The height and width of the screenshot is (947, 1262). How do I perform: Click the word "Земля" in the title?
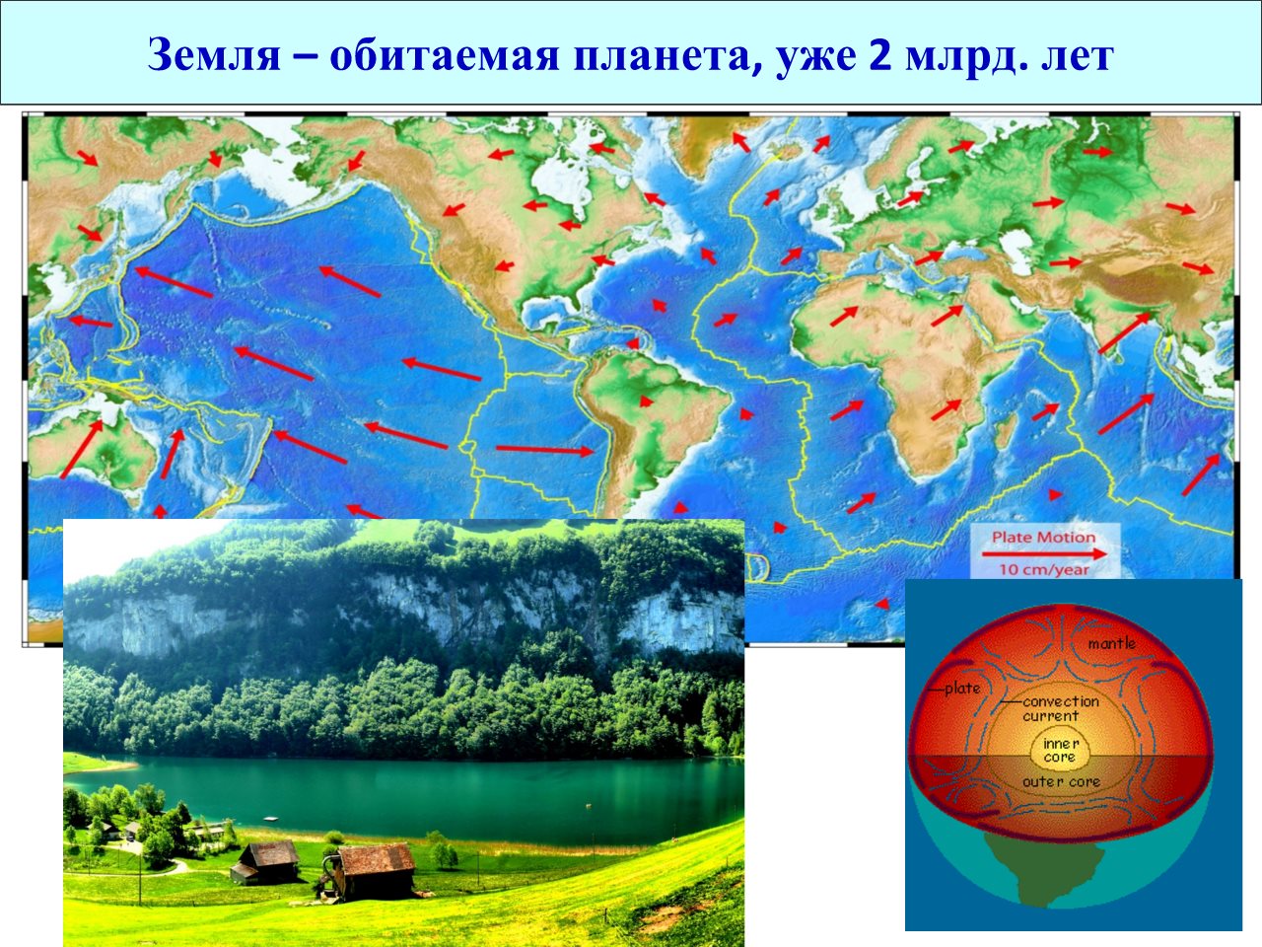[x=213, y=56]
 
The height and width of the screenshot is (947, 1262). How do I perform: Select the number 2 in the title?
[x=879, y=54]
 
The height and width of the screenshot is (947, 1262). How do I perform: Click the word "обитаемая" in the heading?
[x=444, y=56]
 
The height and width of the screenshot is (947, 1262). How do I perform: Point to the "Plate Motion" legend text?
[x=1043, y=537]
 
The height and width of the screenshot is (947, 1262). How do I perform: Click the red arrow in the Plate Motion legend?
[x=1043, y=554]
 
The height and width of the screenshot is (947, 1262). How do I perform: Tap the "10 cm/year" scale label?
[x=1043, y=570]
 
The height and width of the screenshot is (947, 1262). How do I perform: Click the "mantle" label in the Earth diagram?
[x=1111, y=643]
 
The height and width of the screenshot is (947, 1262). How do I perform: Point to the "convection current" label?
[x=1060, y=708]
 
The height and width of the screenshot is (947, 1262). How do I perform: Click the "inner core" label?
[x=1060, y=751]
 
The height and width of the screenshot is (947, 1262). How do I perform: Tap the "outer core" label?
[x=1061, y=782]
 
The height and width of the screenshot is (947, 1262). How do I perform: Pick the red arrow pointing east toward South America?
[x=544, y=450]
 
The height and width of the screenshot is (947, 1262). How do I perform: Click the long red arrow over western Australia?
[x=82, y=449]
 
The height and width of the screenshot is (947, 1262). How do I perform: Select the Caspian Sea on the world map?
[x=1017, y=252]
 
